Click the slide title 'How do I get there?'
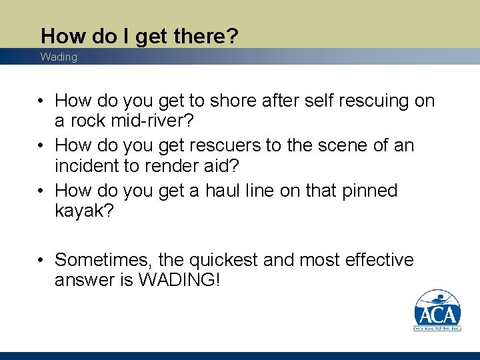tap(139, 36)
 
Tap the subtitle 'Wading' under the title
tap(59, 57)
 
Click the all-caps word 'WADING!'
tap(179, 280)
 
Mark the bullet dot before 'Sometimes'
tap(41, 260)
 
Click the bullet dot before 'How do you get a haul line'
tap(41, 191)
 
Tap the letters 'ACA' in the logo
tap(437, 314)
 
